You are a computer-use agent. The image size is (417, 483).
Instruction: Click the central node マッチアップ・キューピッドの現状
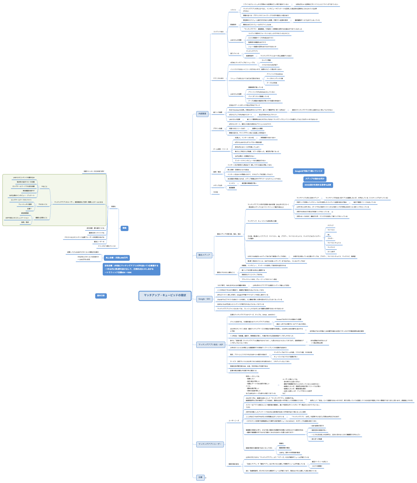tap(165, 295)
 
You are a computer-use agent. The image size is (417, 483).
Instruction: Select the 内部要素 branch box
tap(202, 114)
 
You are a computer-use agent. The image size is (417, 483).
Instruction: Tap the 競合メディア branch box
tap(204, 255)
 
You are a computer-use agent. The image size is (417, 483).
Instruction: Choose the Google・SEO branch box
tap(204, 299)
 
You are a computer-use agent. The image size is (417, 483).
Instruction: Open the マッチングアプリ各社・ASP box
tap(210, 344)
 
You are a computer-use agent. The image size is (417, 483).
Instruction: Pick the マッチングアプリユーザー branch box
tap(210, 444)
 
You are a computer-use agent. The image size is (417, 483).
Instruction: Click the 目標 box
tap(200, 477)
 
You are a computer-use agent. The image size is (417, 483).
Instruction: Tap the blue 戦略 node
tap(124, 228)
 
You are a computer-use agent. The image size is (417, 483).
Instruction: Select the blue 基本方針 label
tap(101, 296)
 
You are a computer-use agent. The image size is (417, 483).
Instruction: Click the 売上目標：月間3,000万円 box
tap(117, 258)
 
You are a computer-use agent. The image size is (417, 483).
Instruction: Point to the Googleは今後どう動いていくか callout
tap(309, 171)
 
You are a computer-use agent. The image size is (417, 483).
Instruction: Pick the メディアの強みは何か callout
tap(315, 179)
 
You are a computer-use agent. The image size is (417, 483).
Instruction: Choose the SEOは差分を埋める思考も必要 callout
tap(318, 185)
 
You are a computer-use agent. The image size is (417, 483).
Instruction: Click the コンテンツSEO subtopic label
tap(218, 32)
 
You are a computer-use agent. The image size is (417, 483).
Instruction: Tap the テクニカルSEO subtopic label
tap(218, 79)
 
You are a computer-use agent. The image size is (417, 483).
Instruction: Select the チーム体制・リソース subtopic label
tap(220, 149)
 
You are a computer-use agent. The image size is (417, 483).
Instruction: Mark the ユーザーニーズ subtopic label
tap(234, 421)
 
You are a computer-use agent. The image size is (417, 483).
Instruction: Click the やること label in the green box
tap(44, 187)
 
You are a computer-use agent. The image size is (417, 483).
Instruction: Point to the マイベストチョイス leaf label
tap(334, 243)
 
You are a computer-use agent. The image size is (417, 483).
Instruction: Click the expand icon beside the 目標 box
tap(206, 478)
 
